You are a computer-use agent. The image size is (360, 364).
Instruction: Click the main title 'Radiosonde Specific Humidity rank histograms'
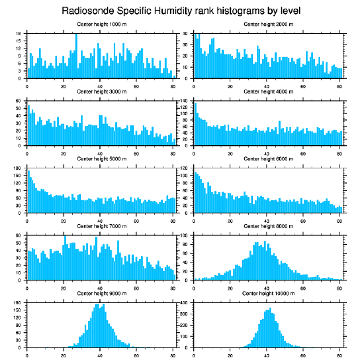point(180,10)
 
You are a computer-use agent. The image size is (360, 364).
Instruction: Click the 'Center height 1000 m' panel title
point(101,24)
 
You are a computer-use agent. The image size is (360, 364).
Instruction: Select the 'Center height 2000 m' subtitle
point(268,24)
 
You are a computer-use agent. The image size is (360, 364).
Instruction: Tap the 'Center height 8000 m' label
point(268,226)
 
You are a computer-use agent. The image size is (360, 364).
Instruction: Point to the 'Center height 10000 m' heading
point(268,293)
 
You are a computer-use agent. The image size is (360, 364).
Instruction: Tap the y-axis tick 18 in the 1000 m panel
point(19,34)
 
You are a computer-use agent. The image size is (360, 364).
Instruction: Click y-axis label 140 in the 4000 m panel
point(184,101)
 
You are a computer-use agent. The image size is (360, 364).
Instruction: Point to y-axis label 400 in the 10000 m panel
point(184,303)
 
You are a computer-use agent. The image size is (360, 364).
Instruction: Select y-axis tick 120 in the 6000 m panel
point(184,168)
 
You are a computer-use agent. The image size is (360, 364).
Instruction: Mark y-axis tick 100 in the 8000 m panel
point(184,235)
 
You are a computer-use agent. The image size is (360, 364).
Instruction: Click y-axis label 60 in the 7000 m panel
point(18,235)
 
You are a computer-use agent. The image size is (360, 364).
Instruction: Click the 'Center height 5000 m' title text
point(101,159)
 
